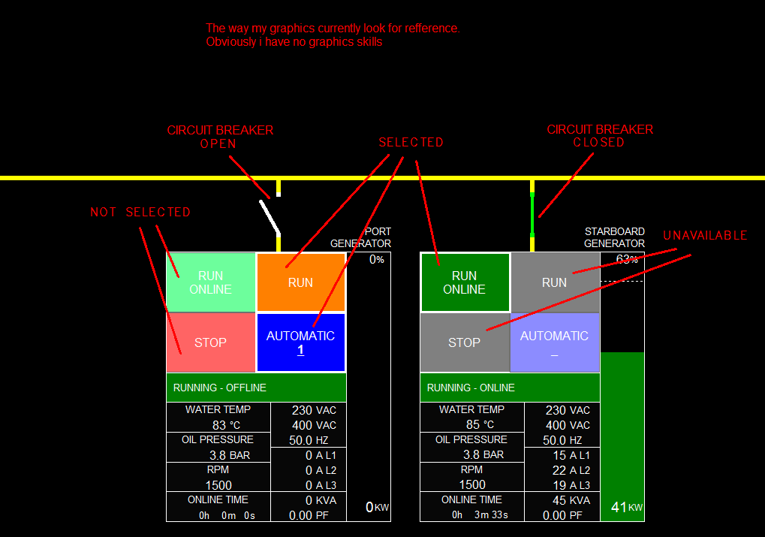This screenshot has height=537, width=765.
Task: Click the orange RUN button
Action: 300,282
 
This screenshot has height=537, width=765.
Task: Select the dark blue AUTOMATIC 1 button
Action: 300,342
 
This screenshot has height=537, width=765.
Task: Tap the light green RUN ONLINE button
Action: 211,282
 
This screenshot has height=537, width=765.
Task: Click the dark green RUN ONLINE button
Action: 465,282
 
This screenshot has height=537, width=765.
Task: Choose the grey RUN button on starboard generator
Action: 555,282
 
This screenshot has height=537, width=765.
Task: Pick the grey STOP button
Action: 464,342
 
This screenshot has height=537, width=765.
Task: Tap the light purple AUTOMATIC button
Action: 555,342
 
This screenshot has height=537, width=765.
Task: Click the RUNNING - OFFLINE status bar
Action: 256,388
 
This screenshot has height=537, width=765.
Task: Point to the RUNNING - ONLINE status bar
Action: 510,388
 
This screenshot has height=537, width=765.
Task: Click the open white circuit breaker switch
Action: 270,216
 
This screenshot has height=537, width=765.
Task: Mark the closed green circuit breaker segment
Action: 532,215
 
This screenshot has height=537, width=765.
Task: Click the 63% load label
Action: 627,260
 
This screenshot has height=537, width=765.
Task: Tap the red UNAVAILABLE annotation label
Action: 705,236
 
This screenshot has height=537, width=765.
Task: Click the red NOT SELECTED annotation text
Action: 140,213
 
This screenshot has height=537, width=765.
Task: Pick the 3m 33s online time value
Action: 491,515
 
